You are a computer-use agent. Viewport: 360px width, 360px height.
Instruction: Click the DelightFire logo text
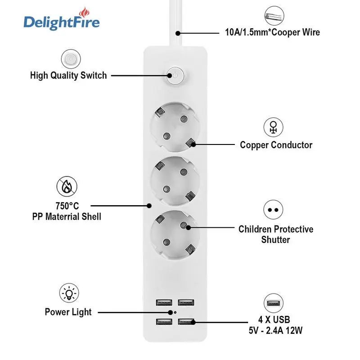62,22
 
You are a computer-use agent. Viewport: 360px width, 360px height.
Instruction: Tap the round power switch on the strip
175,76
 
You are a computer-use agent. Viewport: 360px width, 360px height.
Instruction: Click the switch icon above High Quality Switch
69,59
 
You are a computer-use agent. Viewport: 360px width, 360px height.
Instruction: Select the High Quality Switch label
68,75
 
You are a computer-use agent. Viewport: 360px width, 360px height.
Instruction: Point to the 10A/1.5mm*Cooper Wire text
273,32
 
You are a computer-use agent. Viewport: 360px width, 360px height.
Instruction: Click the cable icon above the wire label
273,16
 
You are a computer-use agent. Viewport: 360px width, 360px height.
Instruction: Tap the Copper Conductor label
276,145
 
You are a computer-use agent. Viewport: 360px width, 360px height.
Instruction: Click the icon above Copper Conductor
273,127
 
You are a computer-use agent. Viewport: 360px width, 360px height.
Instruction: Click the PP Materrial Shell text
67,216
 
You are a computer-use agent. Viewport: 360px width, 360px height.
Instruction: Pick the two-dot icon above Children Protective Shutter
273,210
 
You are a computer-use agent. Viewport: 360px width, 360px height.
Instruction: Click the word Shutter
275,239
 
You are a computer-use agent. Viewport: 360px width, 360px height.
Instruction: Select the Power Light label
68,311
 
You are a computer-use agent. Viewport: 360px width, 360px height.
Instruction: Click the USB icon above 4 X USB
273,304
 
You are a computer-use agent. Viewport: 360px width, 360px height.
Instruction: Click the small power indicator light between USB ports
175,311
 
